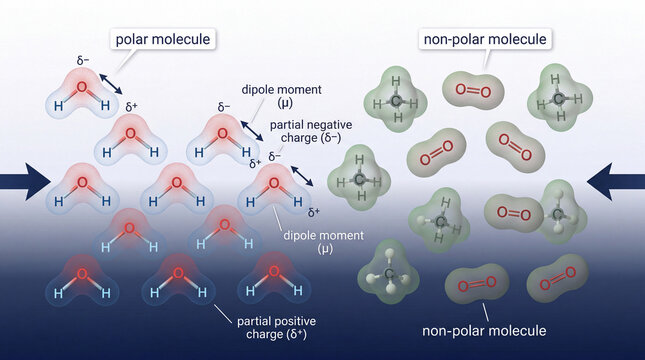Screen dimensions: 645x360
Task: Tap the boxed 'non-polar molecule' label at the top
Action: (x=485, y=40)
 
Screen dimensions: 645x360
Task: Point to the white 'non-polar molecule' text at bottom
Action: (x=484, y=331)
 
